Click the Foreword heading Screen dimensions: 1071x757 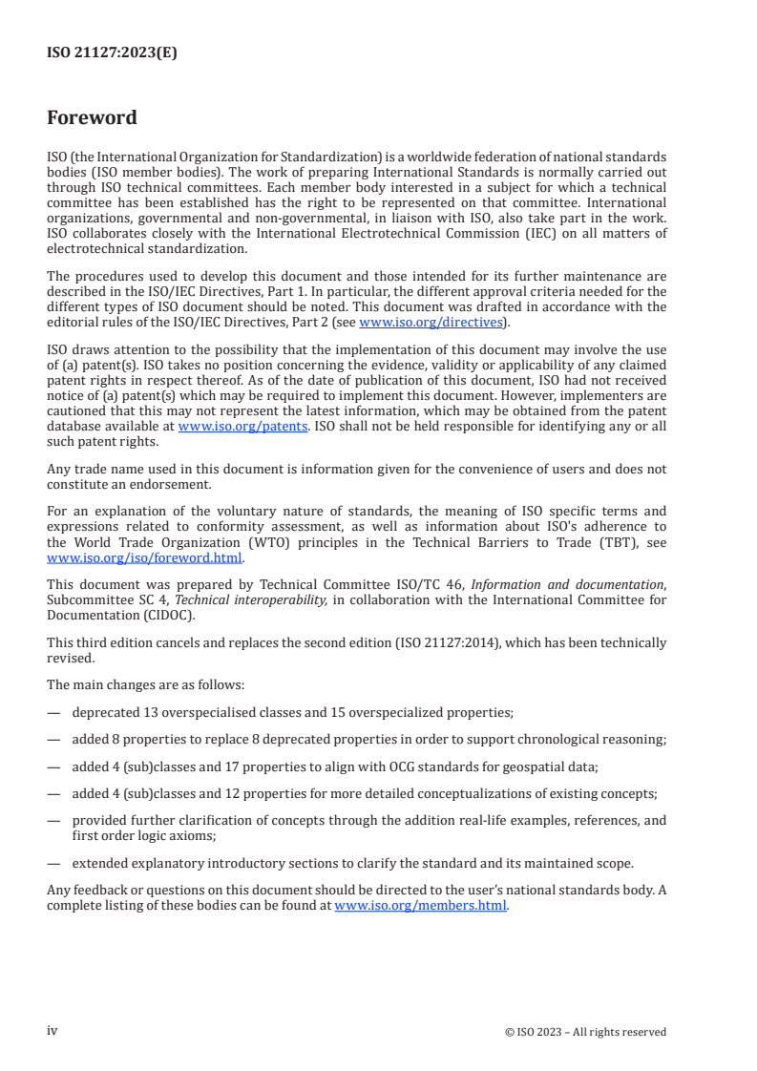pyautogui.click(x=92, y=117)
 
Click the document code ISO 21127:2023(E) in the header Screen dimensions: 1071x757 pyautogui.click(x=112, y=53)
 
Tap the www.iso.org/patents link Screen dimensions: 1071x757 pyautogui.click(x=242, y=427)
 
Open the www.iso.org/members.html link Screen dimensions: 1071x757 pyautogui.click(x=420, y=906)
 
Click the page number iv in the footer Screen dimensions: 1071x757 pyautogui.click(x=53, y=1031)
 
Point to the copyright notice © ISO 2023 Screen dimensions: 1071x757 pyautogui.click(x=585, y=1032)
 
